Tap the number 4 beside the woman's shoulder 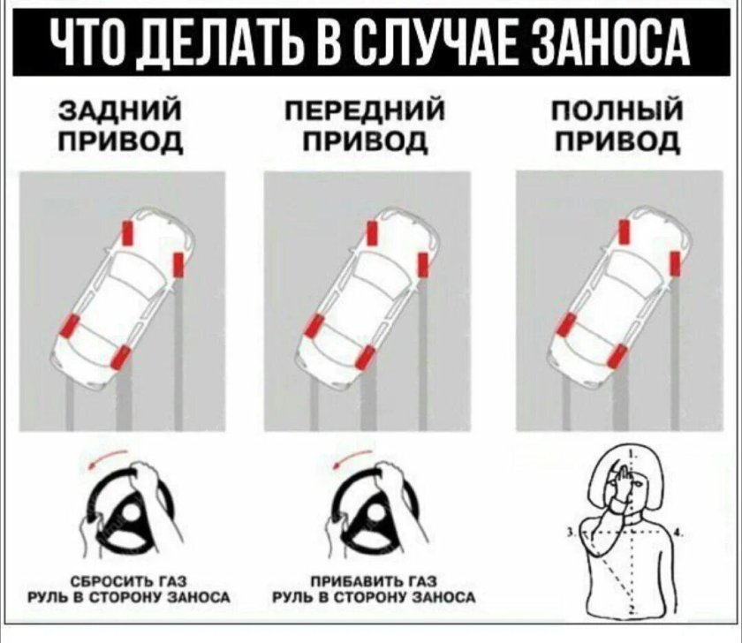(x=678, y=533)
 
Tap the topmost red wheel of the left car (x=129, y=232)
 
